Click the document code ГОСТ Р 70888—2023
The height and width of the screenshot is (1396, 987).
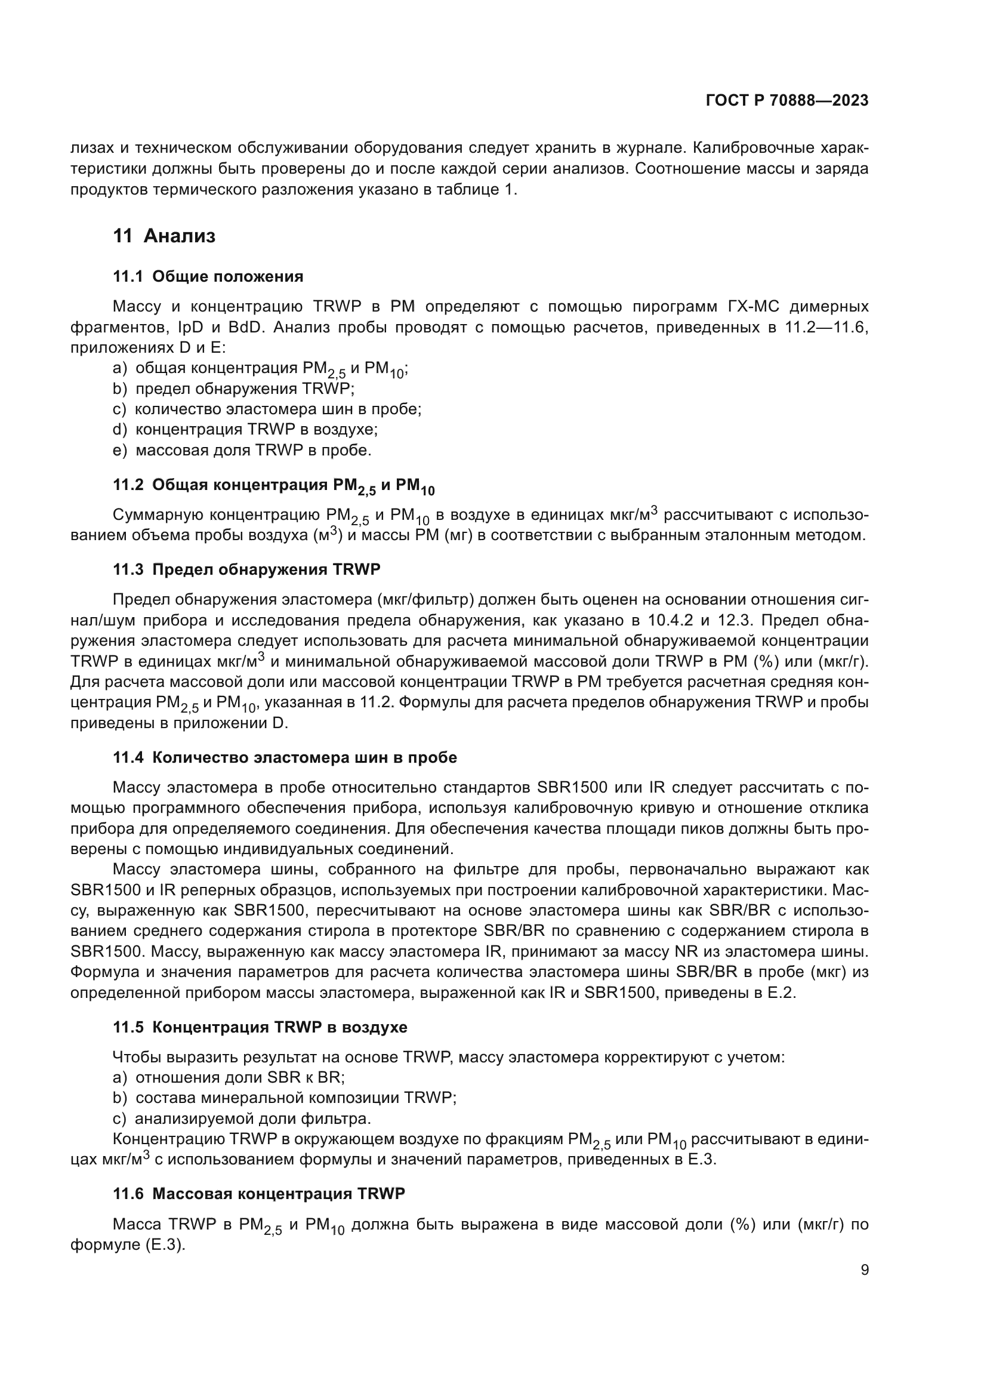tap(787, 101)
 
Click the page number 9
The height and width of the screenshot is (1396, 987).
tap(864, 1269)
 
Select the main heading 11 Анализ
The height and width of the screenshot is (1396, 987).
tap(164, 236)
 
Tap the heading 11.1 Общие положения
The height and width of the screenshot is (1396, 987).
tap(208, 277)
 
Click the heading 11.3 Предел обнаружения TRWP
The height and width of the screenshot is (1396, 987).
tap(247, 570)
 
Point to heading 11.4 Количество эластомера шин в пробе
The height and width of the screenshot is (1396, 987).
tap(285, 757)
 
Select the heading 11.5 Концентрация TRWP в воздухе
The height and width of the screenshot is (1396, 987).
tap(260, 1027)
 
